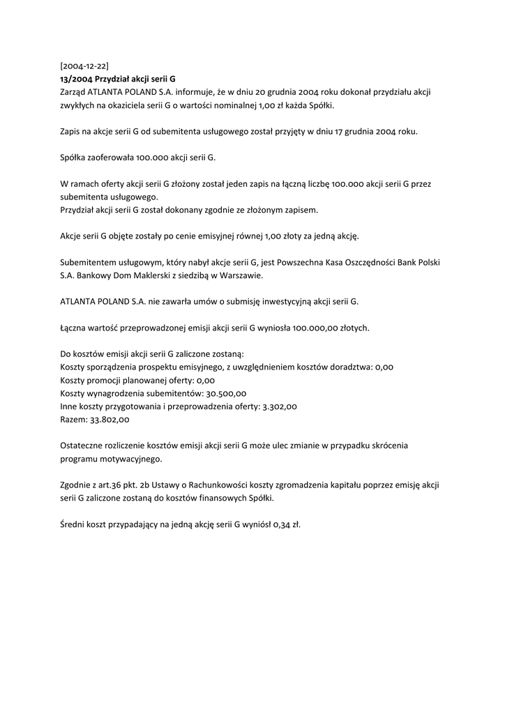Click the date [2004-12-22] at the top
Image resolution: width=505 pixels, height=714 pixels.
click(84, 66)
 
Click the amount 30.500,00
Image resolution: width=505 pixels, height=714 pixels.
click(223, 393)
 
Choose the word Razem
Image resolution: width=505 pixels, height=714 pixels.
click(73, 419)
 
